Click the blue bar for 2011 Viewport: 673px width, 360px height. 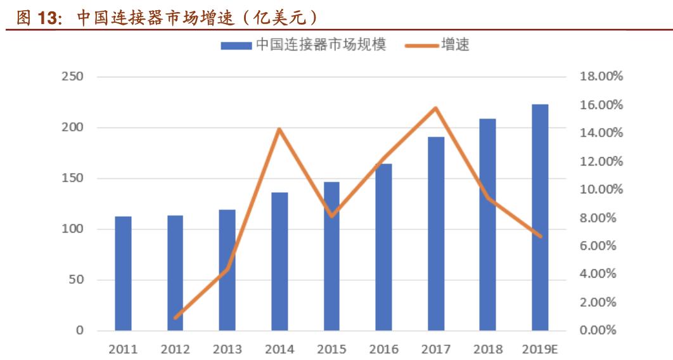pyautogui.click(x=123, y=273)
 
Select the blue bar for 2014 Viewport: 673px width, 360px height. pyautogui.click(x=279, y=261)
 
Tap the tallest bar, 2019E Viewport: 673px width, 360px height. pyautogui.click(x=540, y=217)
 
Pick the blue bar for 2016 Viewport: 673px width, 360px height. pyautogui.click(x=383, y=247)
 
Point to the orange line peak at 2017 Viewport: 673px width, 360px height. pyautogui.click(x=435, y=108)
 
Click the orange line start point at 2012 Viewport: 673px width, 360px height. pyautogui.click(x=176, y=317)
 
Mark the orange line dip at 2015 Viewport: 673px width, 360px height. pyautogui.click(x=331, y=216)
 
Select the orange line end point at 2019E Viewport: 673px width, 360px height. pyautogui.click(x=540, y=236)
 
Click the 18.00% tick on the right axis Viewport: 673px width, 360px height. pyautogui.click(x=601, y=77)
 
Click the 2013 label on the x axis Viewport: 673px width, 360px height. pyautogui.click(x=227, y=349)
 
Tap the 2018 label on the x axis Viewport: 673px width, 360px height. pyautogui.click(x=487, y=349)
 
